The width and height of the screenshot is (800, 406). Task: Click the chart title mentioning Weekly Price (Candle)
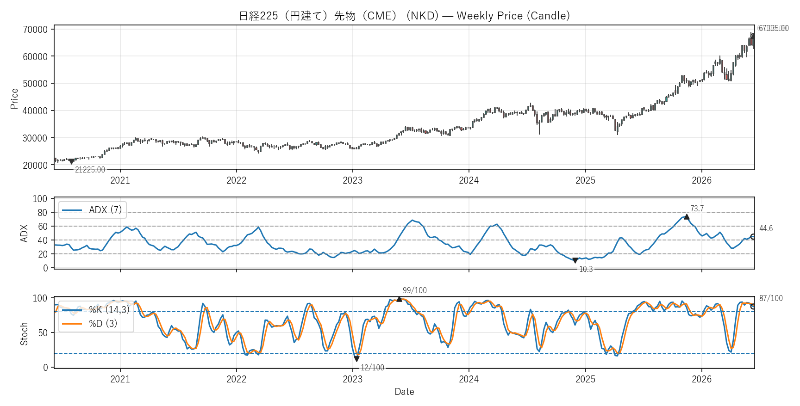404,16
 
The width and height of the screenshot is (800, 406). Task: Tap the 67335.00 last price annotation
773,29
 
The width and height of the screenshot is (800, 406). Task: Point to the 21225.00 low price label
90,170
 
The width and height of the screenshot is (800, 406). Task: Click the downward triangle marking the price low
71,161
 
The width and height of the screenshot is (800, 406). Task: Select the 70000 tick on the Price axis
35,30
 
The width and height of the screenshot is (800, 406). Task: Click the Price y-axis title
14,99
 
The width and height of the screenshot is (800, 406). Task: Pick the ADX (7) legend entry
93,210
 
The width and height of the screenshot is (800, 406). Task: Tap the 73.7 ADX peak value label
697,209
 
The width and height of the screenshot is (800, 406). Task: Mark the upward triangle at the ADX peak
687,216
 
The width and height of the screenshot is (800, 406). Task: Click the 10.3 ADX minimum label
586,269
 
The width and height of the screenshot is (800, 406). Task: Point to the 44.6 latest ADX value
766,228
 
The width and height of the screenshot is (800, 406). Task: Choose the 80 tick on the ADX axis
43,213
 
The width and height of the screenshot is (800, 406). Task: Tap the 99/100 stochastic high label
415,290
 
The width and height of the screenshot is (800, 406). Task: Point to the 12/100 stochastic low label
372,368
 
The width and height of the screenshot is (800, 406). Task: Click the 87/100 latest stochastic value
771,298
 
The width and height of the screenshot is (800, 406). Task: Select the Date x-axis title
404,392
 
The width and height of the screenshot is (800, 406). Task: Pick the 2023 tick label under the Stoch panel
352,379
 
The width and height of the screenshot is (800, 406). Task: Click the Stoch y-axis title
24,334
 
